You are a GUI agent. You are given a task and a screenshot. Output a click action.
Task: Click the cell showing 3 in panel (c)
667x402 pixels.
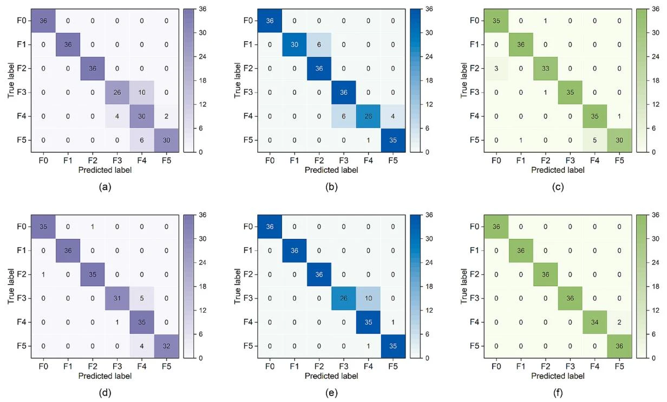point(496,68)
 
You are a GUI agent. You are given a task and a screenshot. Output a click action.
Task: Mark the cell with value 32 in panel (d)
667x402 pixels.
point(164,346)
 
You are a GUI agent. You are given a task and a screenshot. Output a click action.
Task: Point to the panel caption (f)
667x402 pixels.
point(558,394)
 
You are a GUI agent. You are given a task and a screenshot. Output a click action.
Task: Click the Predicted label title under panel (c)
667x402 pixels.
point(558,170)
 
